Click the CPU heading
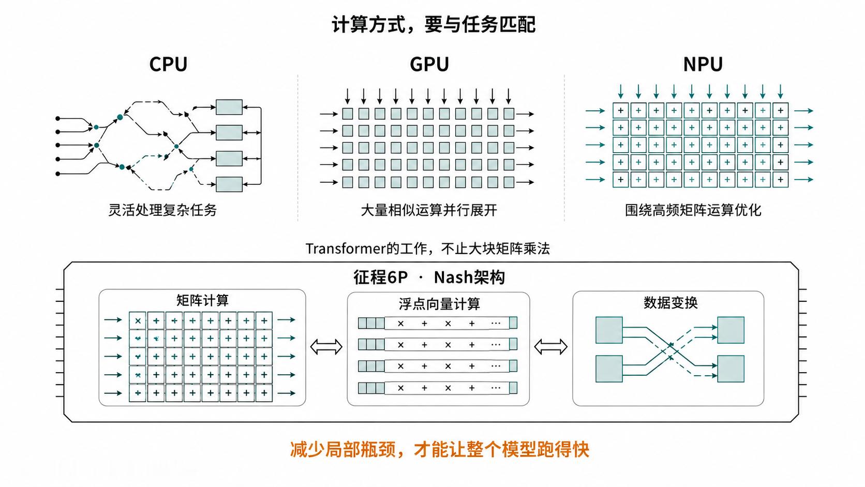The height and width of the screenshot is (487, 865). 168,64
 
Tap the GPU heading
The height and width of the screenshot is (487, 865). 429,64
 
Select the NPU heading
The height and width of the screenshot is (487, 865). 703,64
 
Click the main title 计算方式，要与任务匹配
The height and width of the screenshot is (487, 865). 433,24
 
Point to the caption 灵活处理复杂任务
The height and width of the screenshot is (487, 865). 162,210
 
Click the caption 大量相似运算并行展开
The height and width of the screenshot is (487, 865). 429,210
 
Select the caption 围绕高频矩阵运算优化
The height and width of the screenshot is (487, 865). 693,210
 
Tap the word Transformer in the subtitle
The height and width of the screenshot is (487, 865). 346,248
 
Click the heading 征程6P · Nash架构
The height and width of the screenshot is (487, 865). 429,277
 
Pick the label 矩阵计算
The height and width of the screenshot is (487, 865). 202,300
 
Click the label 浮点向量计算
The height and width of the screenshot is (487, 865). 439,304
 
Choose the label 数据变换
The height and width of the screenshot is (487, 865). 670,302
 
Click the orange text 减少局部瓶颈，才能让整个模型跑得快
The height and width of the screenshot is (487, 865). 439,449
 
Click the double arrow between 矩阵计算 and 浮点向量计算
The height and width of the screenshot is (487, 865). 326,346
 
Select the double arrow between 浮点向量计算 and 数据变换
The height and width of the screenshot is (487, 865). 550,346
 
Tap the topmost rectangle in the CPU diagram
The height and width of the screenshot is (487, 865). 229,107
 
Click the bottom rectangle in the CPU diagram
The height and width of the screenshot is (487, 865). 229,184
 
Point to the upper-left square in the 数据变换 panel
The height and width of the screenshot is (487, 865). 609,330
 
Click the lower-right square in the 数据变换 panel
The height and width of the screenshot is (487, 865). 730,369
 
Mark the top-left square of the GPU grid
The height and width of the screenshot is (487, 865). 348,113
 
